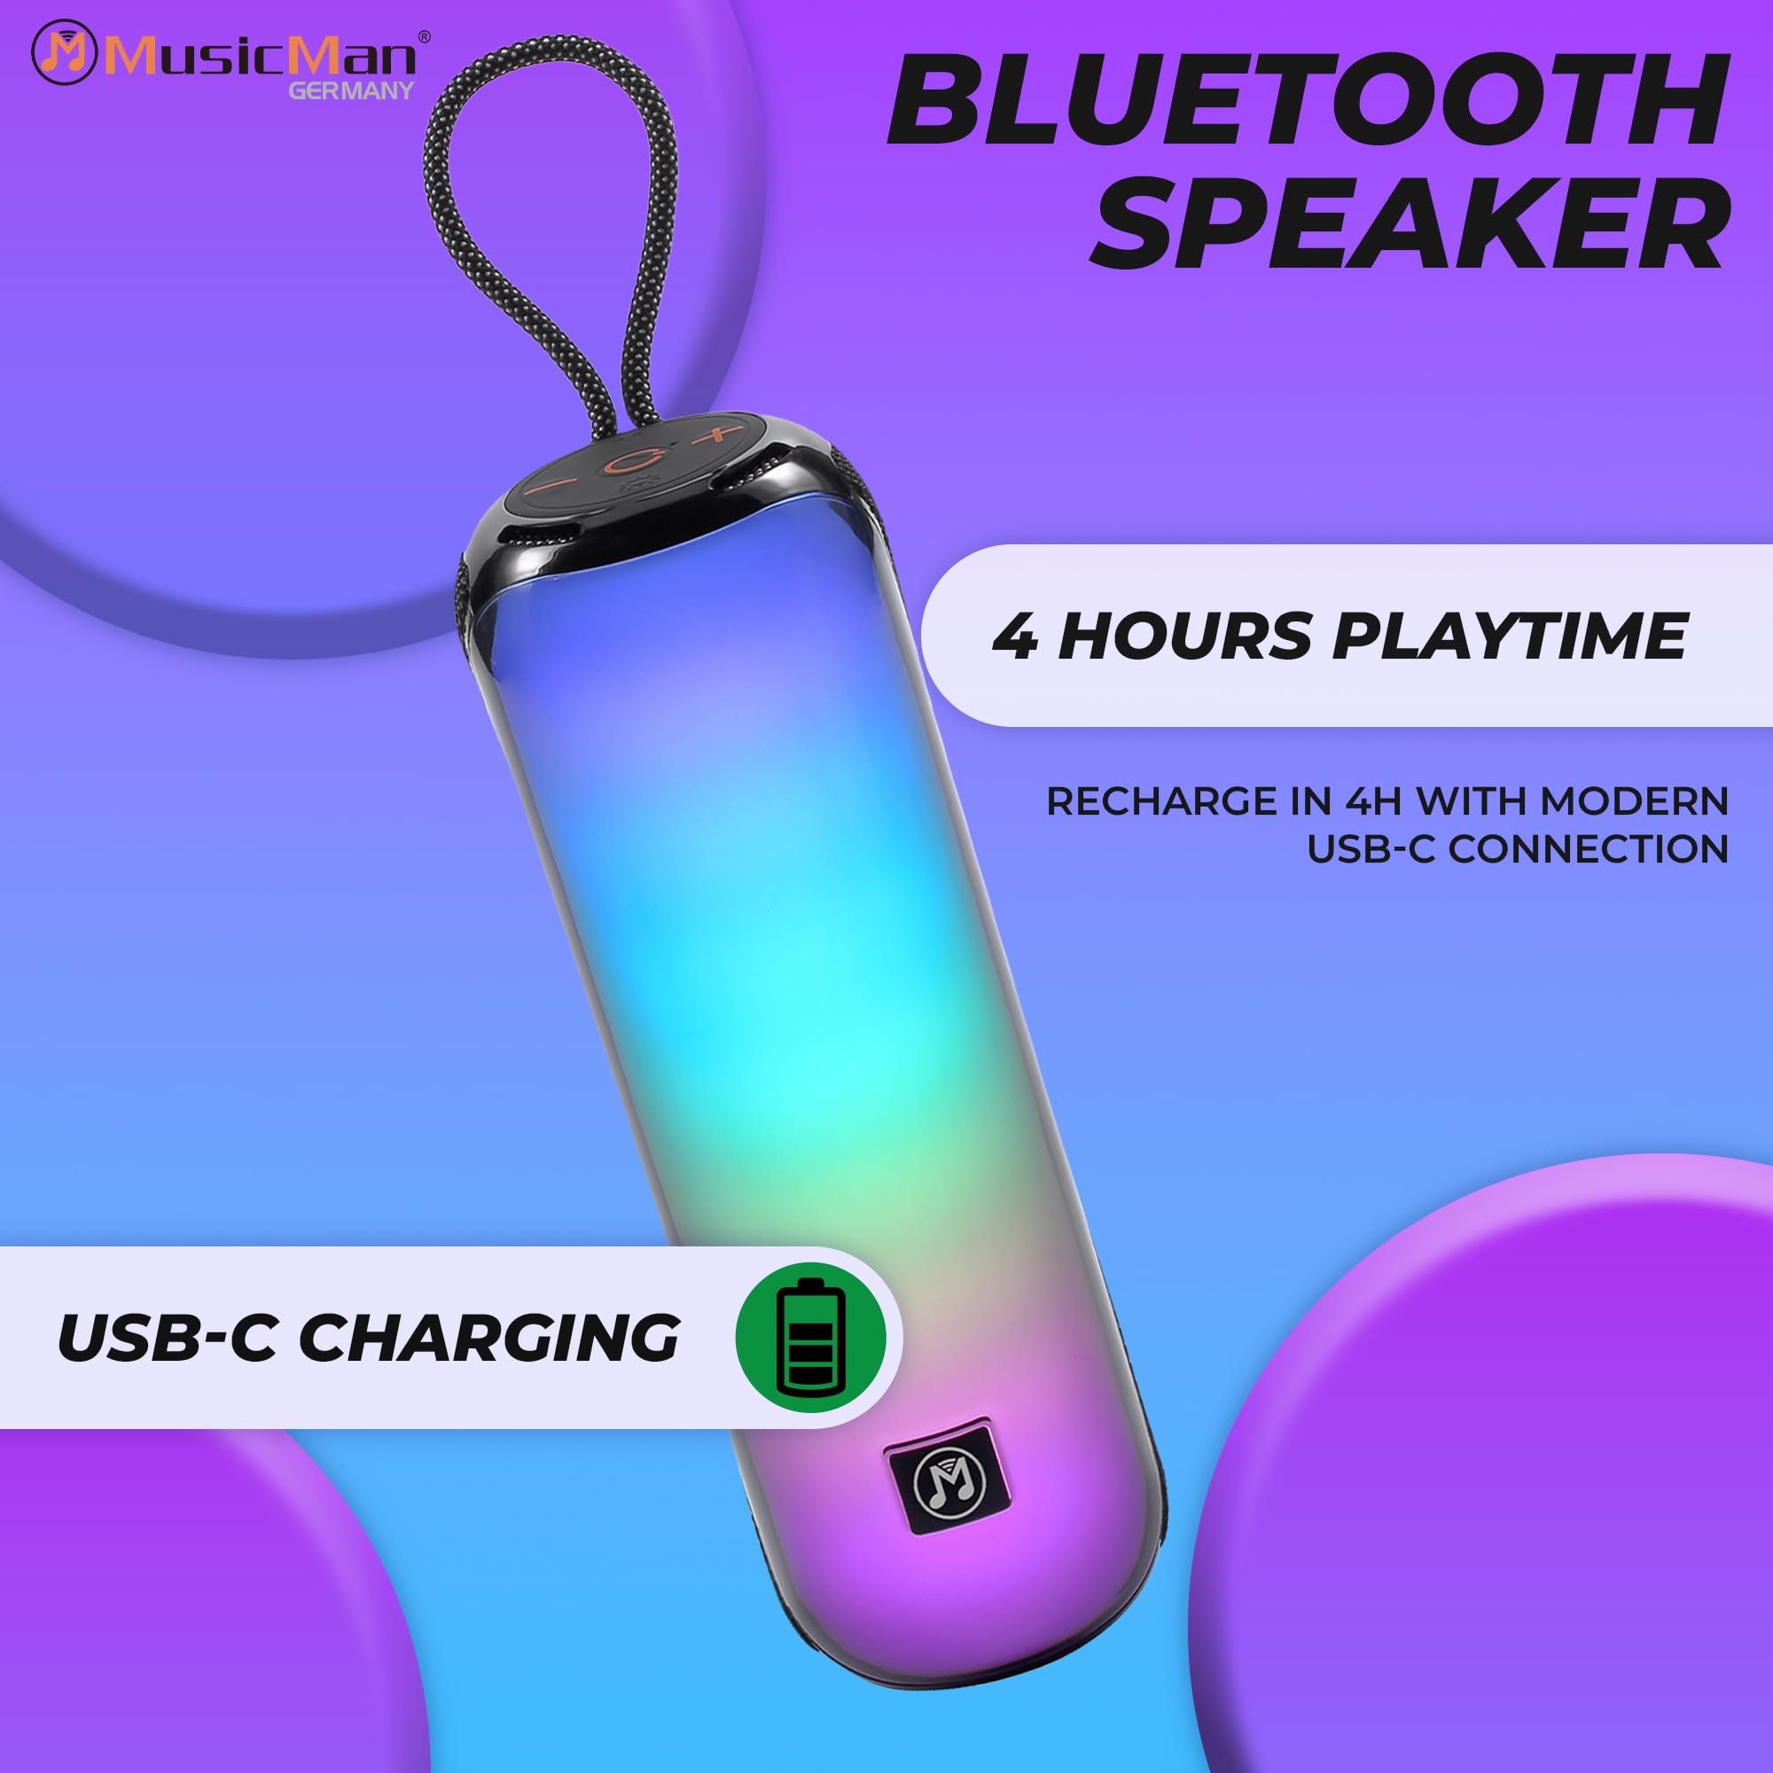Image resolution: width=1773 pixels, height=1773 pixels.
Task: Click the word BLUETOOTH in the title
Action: [1307, 100]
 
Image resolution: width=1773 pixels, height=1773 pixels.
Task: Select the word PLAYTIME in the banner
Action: [1510, 635]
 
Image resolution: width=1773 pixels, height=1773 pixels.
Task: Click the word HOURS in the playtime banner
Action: [1184, 635]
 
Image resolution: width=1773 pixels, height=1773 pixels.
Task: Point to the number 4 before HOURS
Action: [1016, 636]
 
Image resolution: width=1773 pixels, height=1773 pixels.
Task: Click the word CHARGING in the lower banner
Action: [489, 1338]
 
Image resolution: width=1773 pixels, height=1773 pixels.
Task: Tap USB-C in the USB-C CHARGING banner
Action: [167, 1338]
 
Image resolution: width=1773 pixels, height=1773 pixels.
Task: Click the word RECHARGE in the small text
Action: [1162, 801]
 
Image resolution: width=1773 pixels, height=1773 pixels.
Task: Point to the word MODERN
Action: [1635, 801]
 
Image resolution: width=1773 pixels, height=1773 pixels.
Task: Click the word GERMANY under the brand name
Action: [351, 90]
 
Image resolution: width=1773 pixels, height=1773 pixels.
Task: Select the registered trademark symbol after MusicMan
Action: [424, 36]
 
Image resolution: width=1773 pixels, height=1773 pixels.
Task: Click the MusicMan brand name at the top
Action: [260, 54]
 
